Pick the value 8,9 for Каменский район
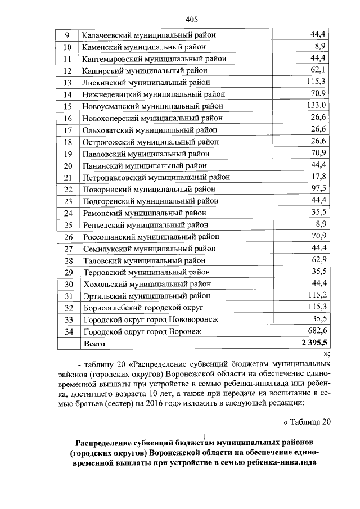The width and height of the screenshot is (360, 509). (x=321, y=46)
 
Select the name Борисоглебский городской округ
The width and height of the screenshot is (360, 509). (x=142, y=308)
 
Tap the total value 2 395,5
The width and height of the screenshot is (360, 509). (x=314, y=343)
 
